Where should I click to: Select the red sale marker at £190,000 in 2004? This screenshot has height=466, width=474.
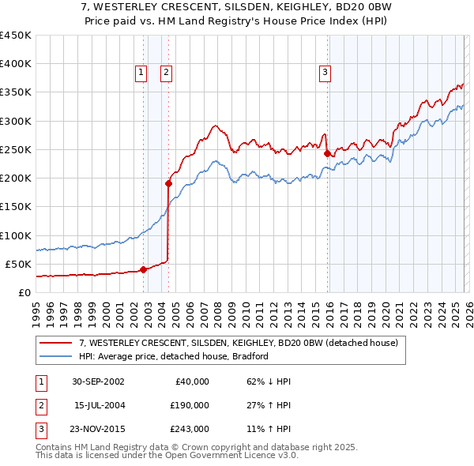[x=168, y=183]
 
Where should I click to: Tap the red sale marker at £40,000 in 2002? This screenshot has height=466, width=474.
[x=143, y=269]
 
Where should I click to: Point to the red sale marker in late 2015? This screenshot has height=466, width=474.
[x=327, y=153]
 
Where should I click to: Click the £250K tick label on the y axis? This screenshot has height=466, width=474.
[x=15, y=149]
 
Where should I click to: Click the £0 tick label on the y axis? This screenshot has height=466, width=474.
[x=24, y=292]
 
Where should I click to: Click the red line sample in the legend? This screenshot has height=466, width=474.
[x=56, y=343]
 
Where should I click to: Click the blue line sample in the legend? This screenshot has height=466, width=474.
[x=56, y=356]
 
